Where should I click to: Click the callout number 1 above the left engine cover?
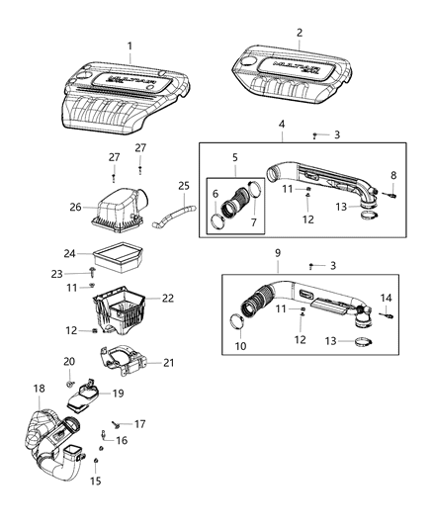coord(129,45)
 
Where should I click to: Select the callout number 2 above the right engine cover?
coord(300,33)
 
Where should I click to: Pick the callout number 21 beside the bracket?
coord(169,364)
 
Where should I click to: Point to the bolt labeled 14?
coord(387,315)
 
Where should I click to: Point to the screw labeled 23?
coord(92,268)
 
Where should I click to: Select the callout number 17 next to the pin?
coord(139,424)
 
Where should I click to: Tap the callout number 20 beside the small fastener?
coord(69,361)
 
